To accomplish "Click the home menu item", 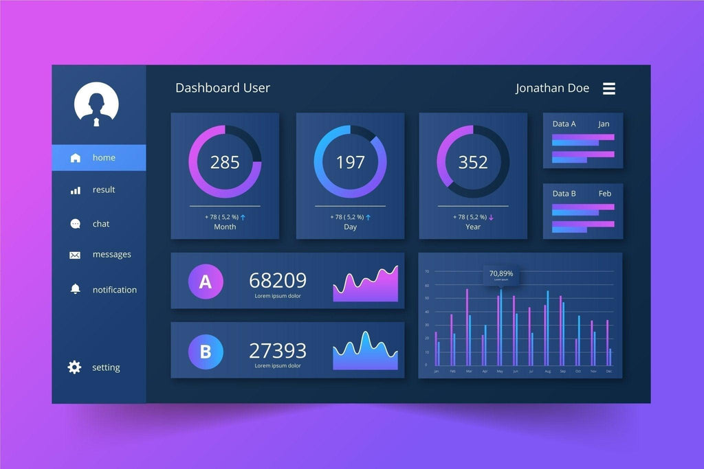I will (98, 158).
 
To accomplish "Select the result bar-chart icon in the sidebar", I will (76, 190).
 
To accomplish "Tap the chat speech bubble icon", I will (76, 224).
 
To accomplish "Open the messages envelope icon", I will (75, 255).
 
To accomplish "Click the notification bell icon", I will (76, 289).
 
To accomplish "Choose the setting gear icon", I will (74, 367).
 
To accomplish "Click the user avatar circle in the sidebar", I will (96, 105).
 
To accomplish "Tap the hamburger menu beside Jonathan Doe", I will (609, 89).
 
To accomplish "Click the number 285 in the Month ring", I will (225, 163).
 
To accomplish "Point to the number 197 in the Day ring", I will (350, 163).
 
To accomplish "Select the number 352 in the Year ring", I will (473, 163).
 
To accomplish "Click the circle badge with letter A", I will (206, 282).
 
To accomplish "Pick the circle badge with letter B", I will (206, 352).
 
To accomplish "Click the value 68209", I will (278, 280).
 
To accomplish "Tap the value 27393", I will (278, 351).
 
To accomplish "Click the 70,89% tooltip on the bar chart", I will (500, 275).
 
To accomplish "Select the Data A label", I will (564, 124).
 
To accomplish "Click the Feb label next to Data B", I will (605, 194).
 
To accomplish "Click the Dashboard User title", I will (223, 88).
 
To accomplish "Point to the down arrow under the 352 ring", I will (492, 217).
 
